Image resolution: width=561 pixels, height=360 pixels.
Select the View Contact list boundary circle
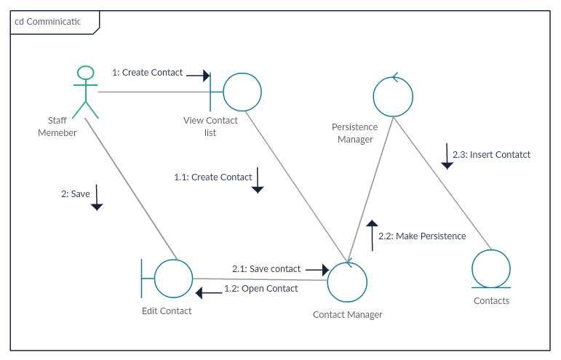coord(242,92)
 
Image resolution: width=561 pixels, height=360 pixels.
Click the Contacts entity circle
coord(491,269)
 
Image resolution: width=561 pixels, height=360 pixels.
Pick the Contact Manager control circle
coord(347,281)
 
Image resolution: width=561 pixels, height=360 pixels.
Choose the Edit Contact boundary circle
coord(173,278)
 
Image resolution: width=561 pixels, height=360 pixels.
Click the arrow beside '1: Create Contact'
coord(198,75)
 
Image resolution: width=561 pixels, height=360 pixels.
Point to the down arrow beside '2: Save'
coord(97,197)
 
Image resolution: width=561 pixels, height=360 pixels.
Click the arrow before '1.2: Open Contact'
coord(209,293)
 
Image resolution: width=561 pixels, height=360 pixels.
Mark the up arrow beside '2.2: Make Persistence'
coord(372,234)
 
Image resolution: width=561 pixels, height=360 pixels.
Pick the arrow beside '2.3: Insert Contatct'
coord(447,156)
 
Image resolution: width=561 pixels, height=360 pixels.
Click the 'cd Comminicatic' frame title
coord(48,22)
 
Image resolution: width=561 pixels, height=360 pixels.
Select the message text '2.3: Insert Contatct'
coord(491,155)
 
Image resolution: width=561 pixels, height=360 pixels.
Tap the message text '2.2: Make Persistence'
coord(422,236)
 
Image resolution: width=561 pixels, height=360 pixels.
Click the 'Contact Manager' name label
coord(347,315)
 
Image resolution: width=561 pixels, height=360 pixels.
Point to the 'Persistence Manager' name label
coord(355,133)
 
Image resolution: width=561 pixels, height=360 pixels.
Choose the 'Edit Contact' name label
coord(167,311)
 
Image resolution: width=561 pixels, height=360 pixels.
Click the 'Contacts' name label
coord(491,301)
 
